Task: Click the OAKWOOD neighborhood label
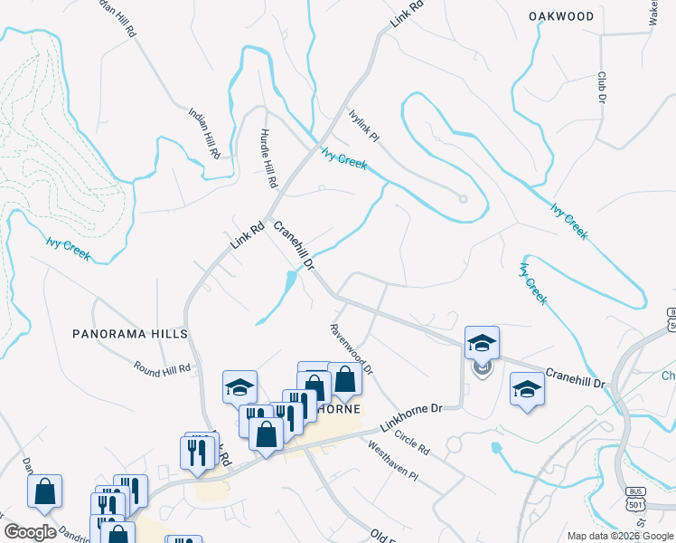(x=561, y=16)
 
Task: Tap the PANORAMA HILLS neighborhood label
(x=130, y=334)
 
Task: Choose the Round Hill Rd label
(x=163, y=368)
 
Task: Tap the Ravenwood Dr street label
(x=352, y=350)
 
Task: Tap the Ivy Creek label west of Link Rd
(x=69, y=248)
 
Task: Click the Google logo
(x=30, y=532)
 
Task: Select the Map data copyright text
(x=620, y=536)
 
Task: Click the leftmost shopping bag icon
(x=44, y=491)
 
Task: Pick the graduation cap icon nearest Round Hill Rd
(x=239, y=387)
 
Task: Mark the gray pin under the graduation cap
(x=482, y=367)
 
